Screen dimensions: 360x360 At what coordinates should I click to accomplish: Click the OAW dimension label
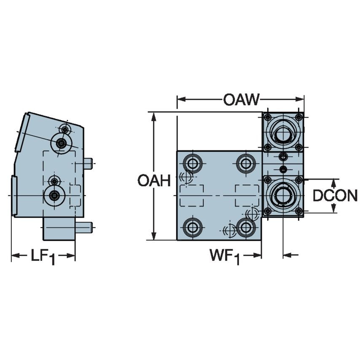(x=241, y=100)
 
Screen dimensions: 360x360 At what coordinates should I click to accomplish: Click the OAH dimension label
(x=154, y=181)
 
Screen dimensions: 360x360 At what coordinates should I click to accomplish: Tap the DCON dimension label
(x=335, y=196)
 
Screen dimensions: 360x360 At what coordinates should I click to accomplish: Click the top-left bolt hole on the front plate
(x=193, y=163)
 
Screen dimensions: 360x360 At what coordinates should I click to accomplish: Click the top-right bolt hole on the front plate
(x=246, y=163)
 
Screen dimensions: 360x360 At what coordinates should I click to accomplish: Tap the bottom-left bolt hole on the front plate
(x=193, y=227)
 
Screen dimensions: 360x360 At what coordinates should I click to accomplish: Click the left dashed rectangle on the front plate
(x=191, y=196)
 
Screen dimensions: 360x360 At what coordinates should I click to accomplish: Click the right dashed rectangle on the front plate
(x=247, y=196)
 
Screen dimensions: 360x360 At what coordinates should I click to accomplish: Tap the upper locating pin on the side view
(x=88, y=163)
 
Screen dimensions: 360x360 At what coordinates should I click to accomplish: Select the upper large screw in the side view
(x=62, y=143)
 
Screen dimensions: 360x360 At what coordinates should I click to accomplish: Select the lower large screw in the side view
(x=54, y=196)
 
